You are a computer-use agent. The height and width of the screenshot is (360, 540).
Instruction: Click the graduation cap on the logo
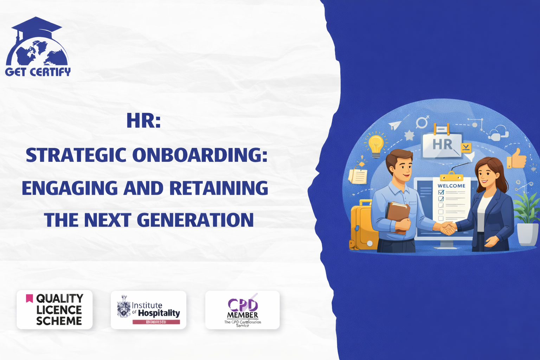click(36, 26)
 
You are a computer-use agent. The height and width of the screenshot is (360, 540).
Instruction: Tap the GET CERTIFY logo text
click(38, 72)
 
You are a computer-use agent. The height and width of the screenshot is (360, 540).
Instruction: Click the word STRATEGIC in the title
click(76, 155)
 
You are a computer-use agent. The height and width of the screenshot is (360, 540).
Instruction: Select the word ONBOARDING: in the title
click(200, 155)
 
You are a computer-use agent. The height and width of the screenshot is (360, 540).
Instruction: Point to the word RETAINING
click(219, 188)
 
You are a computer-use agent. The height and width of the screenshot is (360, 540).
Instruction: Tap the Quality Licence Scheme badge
click(54, 310)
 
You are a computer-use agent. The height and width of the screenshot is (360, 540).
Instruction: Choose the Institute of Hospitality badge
click(148, 310)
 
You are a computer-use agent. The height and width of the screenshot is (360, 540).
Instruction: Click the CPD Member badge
click(243, 310)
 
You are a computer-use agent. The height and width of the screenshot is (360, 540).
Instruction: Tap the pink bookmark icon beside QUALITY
click(30, 298)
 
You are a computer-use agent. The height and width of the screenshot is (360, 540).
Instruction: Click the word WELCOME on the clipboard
click(451, 186)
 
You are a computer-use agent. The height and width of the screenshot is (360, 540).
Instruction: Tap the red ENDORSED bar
click(156, 322)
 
